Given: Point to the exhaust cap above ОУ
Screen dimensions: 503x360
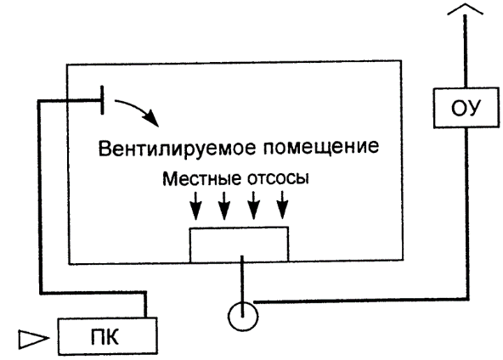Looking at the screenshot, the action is coord(465,10).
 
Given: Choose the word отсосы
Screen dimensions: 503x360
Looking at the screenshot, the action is coord(278,179).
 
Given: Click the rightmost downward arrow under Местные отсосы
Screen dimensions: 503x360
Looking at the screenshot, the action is coord(282,205).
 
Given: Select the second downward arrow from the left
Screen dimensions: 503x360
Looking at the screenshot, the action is coord(224,205).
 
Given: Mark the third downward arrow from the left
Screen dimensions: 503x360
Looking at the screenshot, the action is coord(253,205).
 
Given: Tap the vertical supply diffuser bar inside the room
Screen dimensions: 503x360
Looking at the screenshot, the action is coord(102,99).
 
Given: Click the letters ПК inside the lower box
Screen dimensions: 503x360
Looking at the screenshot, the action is coord(105,337).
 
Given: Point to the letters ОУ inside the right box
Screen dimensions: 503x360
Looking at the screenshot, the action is coord(466,109).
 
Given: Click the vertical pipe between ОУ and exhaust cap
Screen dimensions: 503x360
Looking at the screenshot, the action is coord(465,51).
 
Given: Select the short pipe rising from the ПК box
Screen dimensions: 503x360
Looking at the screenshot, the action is coord(145,305).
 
